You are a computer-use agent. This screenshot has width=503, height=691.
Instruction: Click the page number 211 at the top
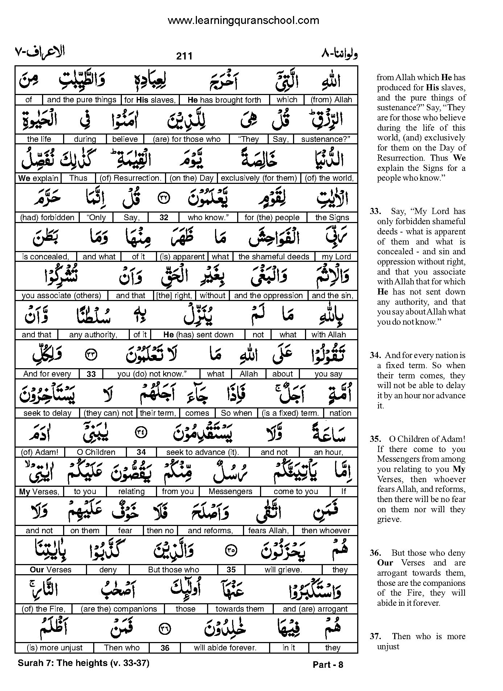[184, 56]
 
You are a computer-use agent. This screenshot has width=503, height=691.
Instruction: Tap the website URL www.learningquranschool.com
[243, 20]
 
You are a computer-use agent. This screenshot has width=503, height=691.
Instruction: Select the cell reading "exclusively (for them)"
[259, 178]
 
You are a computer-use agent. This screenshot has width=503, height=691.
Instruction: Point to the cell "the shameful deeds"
[274, 257]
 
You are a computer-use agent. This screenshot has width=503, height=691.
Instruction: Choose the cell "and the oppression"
[268, 296]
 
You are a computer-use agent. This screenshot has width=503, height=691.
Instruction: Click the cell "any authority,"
[93, 335]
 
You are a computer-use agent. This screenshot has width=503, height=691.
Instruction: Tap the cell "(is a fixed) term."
[290, 413]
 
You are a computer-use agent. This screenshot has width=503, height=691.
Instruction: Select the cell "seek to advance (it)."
[203, 452]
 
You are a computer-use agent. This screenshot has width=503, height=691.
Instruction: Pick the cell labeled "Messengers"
[231, 491]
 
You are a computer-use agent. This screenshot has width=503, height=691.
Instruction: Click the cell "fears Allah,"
[268, 531]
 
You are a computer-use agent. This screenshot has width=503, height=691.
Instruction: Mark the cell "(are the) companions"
[119, 609]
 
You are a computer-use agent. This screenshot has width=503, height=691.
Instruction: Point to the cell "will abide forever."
[225, 648]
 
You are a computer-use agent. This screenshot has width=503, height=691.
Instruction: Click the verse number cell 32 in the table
[164, 218]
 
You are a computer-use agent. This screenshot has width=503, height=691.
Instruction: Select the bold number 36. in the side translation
[375, 553]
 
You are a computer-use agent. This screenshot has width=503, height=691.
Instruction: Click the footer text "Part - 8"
[328, 665]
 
